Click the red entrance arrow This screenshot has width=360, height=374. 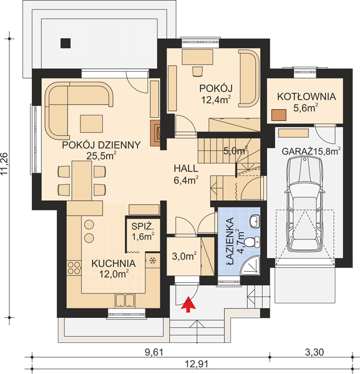click(188, 304)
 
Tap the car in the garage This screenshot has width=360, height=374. click(304, 204)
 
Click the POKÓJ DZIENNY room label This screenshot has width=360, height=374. click(101, 145)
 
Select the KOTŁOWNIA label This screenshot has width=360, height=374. click(306, 97)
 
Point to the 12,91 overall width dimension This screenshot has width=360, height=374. click(197, 364)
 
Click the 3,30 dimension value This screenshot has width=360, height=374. click(314, 352)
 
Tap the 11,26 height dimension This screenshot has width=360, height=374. click(5, 164)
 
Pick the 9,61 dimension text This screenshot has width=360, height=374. click(154, 352)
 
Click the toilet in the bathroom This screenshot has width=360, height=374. click(253, 242)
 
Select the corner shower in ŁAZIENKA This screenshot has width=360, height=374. click(251, 266)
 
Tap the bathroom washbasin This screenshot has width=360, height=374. click(255, 221)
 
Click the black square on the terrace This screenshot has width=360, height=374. click(65, 43)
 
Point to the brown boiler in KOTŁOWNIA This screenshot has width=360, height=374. click(279, 115)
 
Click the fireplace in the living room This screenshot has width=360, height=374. click(155, 133)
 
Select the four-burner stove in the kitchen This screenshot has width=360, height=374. click(74, 268)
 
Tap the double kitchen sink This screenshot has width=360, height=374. click(125, 300)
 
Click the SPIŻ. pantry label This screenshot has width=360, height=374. click(142, 226)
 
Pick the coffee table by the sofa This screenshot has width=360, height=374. click(92, 123)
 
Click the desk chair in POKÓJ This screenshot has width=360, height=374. click(197, 71)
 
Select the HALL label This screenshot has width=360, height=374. click(186, 169)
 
